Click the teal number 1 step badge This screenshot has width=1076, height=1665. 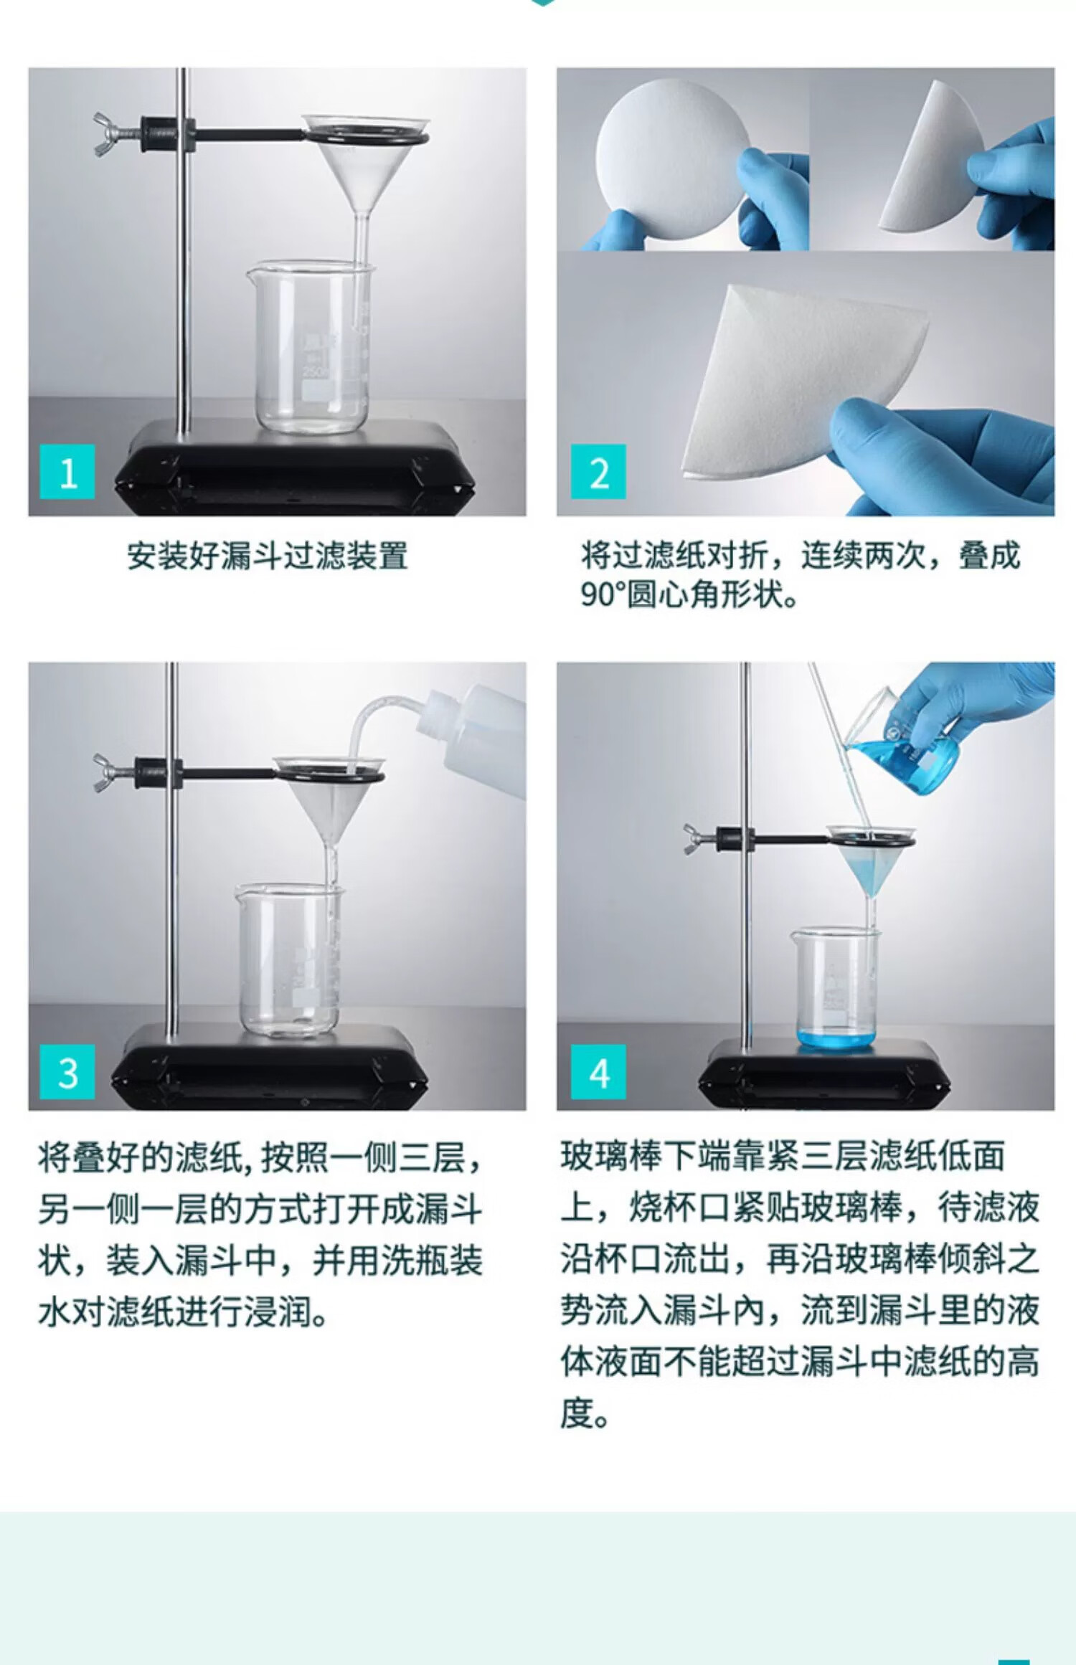tap(67, 471)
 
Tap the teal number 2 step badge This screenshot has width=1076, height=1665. tap(598, 471)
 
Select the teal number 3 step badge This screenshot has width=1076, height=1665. tap(67, 1072)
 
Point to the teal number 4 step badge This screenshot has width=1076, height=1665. tap(598, 1072)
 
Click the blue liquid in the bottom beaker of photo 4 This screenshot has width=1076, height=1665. tap(835, 1038)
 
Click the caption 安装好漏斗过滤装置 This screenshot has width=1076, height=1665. tap(268, 556)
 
